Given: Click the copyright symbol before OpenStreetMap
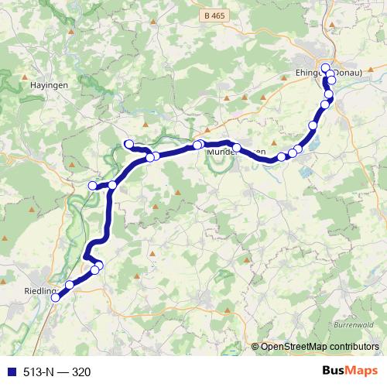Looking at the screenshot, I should (x=255, y=347).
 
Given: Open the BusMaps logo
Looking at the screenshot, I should (x=349, y=372).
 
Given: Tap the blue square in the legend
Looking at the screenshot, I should (x=10, y=372).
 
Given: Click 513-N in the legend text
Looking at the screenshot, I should (x=36, y=372).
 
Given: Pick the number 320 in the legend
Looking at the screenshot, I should (x=81, y=372).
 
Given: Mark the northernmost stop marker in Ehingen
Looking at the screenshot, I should (x=326, y=67).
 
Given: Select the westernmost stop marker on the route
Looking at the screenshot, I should (x=93, y=186).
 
